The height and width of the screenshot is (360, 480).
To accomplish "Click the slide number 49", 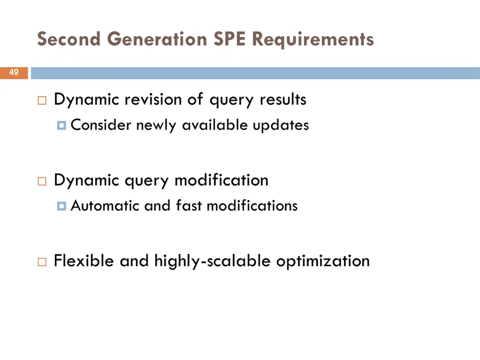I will click(14, 73).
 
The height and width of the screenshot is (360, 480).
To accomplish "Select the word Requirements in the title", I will click(313, 39).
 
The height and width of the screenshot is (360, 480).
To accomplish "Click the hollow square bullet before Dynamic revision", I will click(42, 101).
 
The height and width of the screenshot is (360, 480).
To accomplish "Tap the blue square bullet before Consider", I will click(61, 126).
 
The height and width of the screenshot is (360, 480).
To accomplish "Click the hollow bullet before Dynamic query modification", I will click(42, 181).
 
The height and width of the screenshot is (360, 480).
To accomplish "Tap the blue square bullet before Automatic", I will click(61, 206).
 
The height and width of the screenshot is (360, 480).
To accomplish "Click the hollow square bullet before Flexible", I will click(42, 262).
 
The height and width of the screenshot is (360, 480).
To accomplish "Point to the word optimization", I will click(323, 261).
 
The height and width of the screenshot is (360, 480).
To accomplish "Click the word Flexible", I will click(84, 261).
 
